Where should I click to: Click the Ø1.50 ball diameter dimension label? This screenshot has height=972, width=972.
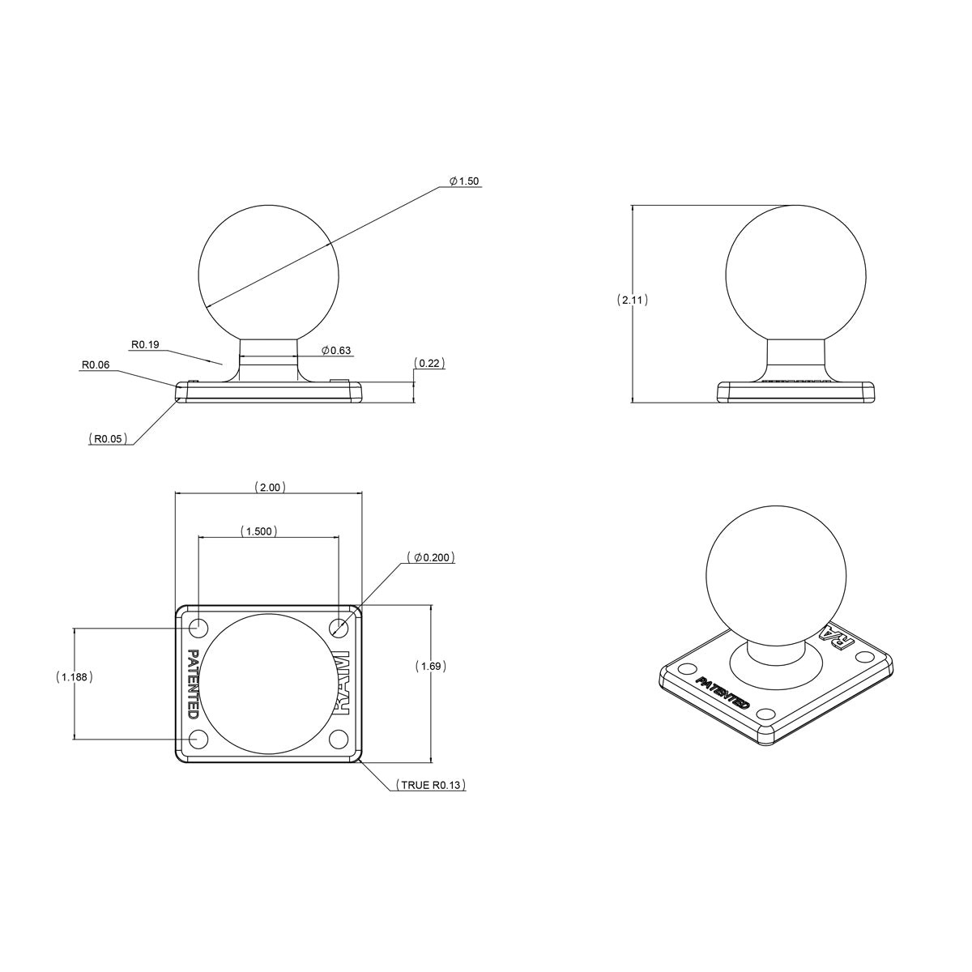[x=464, y=181]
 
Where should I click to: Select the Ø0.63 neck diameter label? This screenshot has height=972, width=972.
[x=335, y=351]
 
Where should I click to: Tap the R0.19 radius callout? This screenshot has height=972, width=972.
[x=145, y=344]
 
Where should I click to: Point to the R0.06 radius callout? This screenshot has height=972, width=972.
[x=95, y=365]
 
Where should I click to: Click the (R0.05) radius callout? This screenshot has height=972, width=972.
[x=108, y=438]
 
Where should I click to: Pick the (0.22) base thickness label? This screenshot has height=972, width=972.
[x=429, y=363]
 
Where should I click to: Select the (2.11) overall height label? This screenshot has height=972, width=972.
[x=632, y=300]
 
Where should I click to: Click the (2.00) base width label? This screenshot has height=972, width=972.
[x=269, y=488]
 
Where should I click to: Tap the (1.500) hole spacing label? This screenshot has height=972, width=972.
[x=259, y=531]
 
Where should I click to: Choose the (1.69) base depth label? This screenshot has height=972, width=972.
[x=431, y=666]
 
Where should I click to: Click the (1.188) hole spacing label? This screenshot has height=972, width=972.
[x=75, y=676]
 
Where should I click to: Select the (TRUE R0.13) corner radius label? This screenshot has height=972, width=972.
[x=429, y=785]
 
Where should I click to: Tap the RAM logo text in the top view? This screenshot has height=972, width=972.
[x=341, y=683]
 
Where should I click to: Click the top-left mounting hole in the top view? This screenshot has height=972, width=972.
[x=197, y=627]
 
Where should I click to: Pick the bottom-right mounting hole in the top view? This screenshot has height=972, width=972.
[x=339, y=739]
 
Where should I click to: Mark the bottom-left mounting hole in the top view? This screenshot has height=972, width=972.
[x=197, y=739]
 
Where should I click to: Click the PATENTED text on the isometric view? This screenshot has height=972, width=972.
[x=723, y=693]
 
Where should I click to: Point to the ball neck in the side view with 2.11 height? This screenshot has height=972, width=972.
[x=795, y=358]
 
